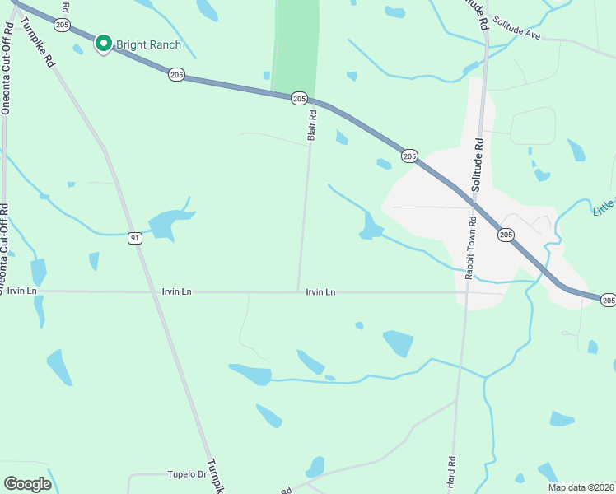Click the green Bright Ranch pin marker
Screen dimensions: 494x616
[104, 43]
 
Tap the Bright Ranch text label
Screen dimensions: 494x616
[148, 44]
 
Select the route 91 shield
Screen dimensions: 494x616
[135, 238]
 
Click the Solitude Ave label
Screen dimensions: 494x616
[519, 36]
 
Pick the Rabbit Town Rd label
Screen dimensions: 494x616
[472, 247]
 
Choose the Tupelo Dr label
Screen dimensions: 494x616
[187, 474]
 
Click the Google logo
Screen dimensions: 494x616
[28, 483]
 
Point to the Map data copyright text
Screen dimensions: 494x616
[581, 487]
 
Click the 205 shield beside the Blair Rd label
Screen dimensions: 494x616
[298, 98]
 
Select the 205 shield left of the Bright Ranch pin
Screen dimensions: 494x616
[63, 26]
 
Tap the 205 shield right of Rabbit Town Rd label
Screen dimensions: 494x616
[506, 235]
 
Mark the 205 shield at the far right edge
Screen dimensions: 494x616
[608, 301]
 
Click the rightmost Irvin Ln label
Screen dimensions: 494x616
[320, 292]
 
